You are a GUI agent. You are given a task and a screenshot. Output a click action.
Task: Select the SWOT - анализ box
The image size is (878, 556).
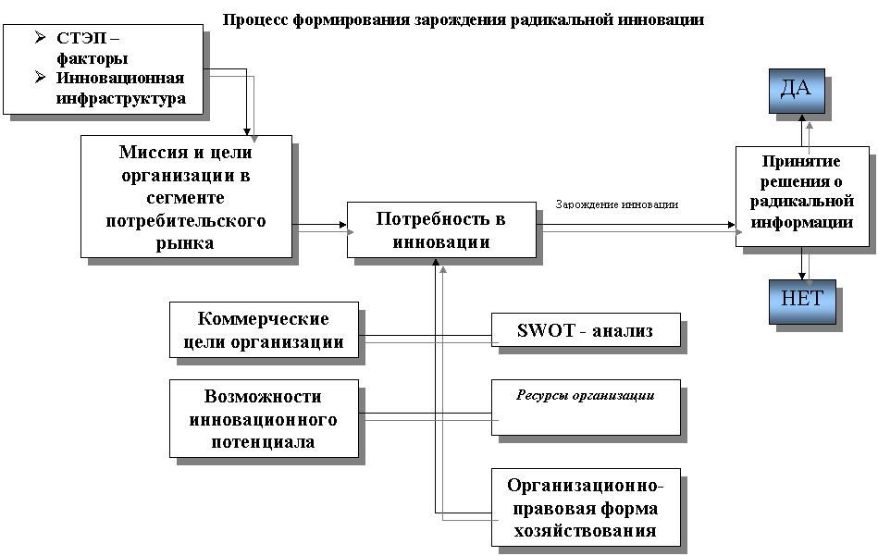pos(585,330)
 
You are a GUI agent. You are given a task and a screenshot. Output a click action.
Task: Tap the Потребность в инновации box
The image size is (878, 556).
pos(440,230)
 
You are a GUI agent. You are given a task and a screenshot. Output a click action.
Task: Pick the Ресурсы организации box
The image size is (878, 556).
pos(585,407)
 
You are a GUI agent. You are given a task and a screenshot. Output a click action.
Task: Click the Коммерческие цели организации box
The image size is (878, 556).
pos(264,330)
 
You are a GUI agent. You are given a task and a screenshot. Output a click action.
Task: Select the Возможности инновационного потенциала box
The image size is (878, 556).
pos(264,418)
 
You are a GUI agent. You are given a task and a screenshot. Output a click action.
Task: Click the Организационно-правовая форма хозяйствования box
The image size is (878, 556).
pos(585,507)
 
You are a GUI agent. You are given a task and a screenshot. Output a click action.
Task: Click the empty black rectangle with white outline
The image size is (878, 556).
pos(624,203)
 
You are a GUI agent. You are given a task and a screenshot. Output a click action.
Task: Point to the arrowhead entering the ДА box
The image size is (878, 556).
pos(809,121)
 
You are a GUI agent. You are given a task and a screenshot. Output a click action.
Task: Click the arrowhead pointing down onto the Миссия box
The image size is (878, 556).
pos(254,139)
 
